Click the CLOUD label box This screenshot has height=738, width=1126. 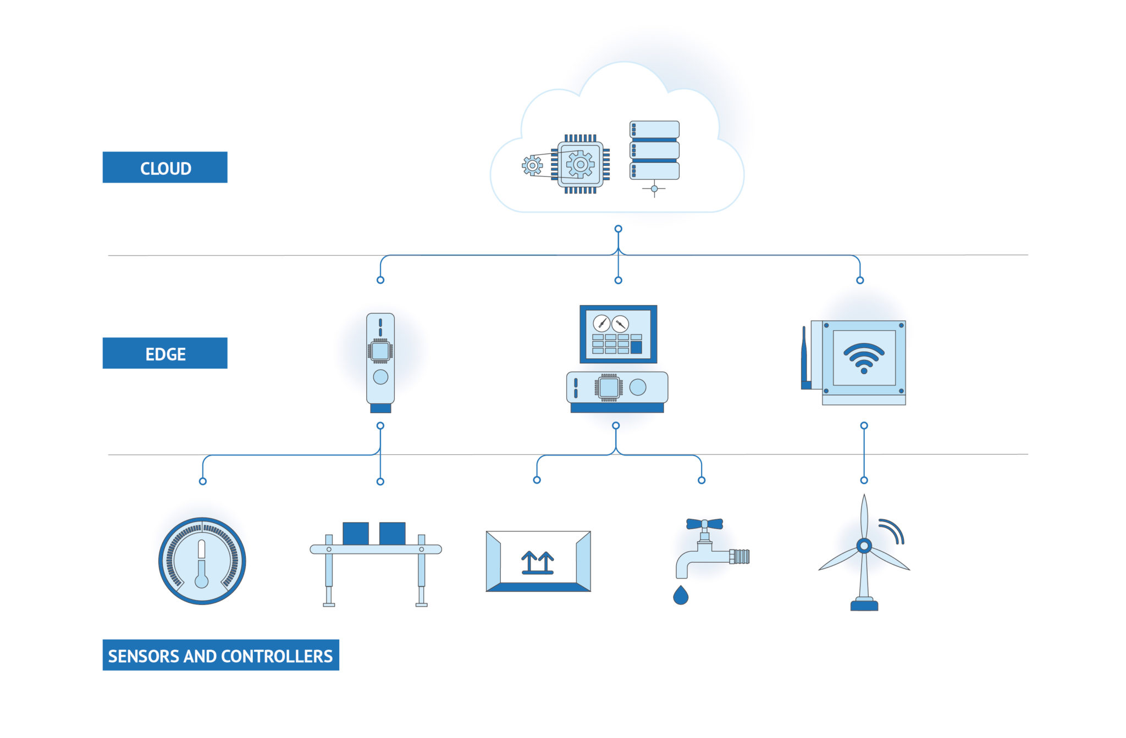[165, 168]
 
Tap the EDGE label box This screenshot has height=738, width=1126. [165, 353]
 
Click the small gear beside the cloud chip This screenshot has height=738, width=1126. [532, 165]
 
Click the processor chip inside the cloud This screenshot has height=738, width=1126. [580, 164]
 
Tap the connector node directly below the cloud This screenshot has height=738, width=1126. [619, 229]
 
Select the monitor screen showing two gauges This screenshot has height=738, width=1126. [618, 334]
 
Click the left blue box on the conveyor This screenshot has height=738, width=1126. [356, 534]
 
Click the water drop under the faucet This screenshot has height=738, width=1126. [681, 596]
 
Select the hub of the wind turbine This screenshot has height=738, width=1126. [864, 546]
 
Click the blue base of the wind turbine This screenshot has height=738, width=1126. [864, 606]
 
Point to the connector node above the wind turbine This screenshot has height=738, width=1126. [864, 480]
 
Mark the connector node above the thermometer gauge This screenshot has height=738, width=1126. [203, 481]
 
